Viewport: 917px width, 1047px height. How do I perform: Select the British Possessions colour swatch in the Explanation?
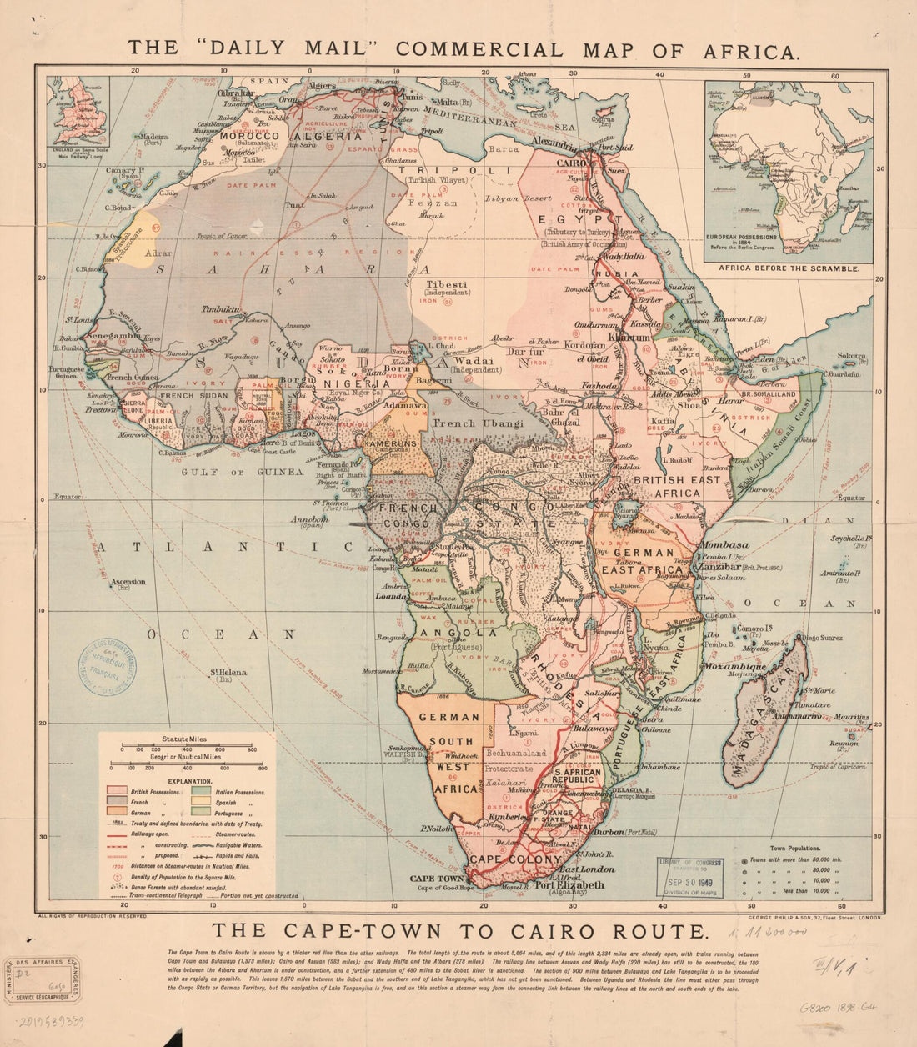coord(115,789)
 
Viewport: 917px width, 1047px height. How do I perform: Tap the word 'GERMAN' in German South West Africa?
coord(449,716)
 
